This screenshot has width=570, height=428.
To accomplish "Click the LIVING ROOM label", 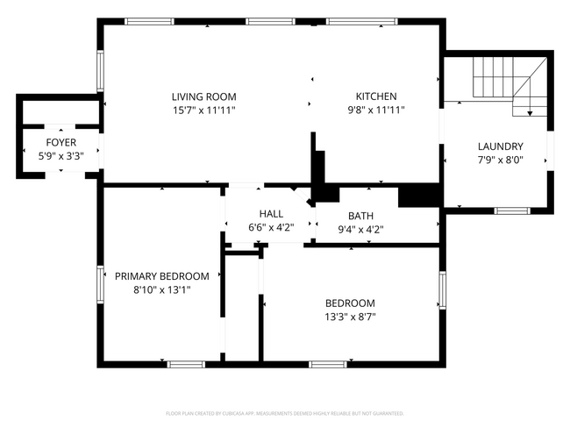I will pos(203,96).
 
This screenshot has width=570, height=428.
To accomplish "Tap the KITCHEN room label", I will pos(375,96).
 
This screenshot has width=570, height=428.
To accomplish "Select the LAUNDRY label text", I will pos(500,146).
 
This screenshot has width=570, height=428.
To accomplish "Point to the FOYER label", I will pos(61,142).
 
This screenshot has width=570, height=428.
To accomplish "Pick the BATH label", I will pos(360,216).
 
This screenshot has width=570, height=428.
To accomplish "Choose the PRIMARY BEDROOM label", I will pos(162,275).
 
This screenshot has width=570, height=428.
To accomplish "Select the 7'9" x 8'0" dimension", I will pos(500,160).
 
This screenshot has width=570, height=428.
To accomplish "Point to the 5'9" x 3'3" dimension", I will pos(61,155).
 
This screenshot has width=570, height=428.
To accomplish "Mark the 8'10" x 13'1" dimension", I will pos(162,289).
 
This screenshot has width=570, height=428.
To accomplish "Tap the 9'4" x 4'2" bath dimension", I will pos(360,229).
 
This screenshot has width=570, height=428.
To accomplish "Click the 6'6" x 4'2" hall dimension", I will pos(270,228).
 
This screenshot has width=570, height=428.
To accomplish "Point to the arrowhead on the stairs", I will pos(530,112).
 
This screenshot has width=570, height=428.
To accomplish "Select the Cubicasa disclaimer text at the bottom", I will pos(285,413).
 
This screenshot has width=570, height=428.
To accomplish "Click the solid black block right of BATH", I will pos(418,196).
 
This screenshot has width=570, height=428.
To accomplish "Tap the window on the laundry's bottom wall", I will pos(509,210).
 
